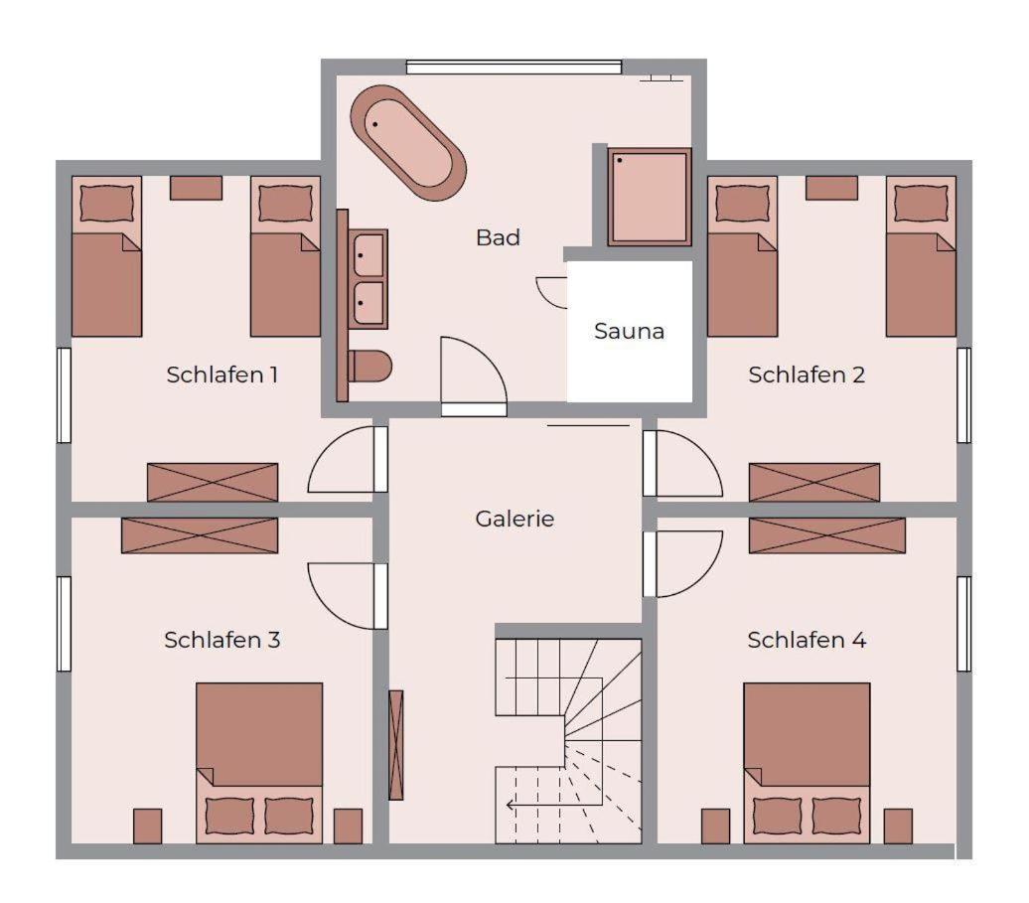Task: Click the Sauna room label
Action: coord(629,331)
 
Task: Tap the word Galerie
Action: coord(514,519)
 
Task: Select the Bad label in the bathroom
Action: coord(498,236)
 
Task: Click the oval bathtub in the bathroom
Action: coord(408,142)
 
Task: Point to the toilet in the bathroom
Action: coord(369,367)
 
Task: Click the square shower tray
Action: coord(649,197)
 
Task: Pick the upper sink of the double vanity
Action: coord(368,254)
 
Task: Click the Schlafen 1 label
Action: coord(221,375)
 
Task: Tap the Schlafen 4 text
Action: coord(807,640)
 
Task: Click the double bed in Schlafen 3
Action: coord(259,763)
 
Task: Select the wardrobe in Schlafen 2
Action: coord(813,483)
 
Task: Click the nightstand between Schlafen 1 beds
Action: coord(197,188)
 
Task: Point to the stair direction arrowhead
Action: coord(510,806)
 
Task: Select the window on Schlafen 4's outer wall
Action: coord(963,624)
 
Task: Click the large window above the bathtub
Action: coord(514,67)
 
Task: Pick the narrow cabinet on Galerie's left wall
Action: coord(395,745)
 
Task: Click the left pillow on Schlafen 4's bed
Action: coord(778,815)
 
